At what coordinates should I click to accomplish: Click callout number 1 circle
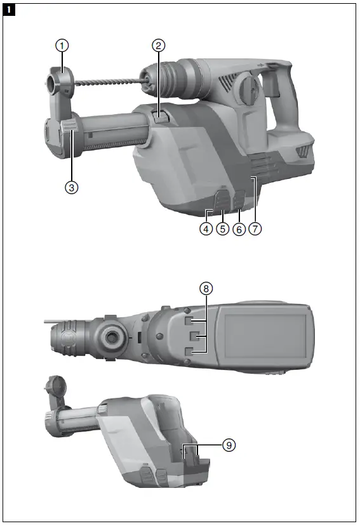point(62,45)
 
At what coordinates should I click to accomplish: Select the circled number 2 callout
point(159,45)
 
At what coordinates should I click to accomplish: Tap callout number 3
point(72,188)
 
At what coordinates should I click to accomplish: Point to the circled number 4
point(205,230)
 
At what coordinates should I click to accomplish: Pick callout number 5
point(222,230)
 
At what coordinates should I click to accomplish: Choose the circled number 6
point(239,230)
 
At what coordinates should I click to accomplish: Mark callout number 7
point(255,230)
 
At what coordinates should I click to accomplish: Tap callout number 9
point(229,445)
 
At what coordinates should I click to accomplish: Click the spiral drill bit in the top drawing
point(108,82)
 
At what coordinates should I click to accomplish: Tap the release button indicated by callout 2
point(161,115)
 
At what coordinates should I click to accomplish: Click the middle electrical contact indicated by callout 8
point(197,334)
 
